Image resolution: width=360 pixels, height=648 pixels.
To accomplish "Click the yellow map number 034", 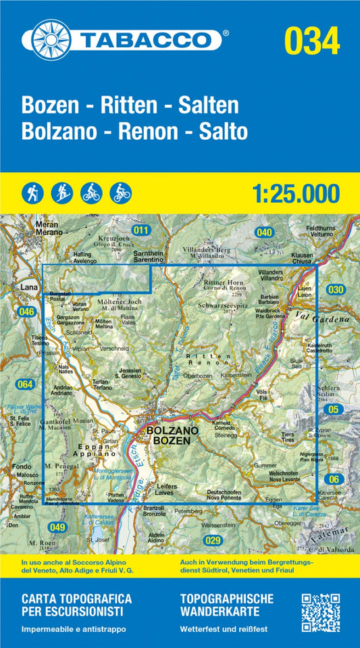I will point(311,42).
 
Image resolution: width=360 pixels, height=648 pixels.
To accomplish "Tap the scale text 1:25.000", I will point(295,194).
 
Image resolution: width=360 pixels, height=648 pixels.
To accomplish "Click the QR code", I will point(319,613).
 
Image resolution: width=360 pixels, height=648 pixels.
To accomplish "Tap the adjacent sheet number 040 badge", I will point(264,232).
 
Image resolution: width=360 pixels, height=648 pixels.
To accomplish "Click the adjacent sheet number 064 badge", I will point(25,384).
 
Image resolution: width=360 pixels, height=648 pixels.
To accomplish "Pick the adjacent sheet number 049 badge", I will point(58,526).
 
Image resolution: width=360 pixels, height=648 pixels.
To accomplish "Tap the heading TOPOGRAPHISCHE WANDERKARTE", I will point(227,604).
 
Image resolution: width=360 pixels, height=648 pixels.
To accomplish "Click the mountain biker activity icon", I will point(121,193).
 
